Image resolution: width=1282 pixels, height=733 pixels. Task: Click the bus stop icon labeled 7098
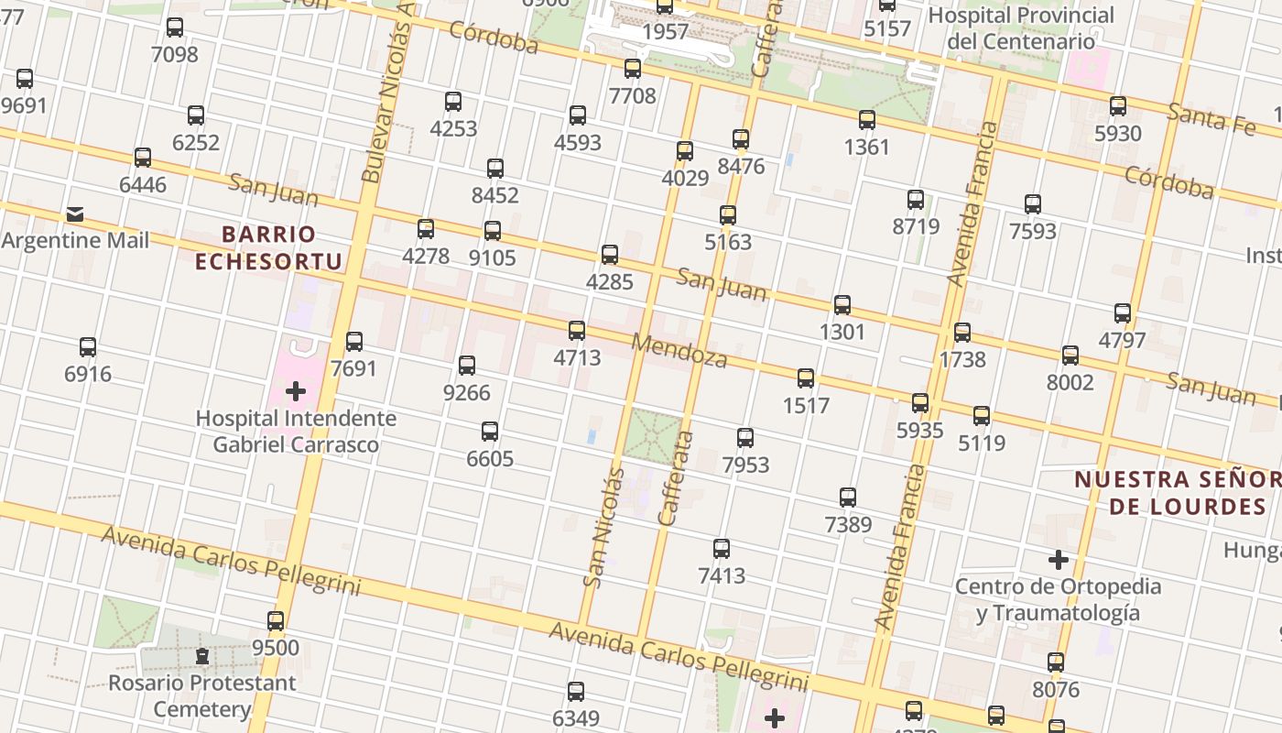174,27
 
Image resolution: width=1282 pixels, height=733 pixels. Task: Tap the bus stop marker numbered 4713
577,331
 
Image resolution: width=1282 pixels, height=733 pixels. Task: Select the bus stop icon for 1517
806,377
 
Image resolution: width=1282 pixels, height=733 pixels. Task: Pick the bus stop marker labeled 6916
88,347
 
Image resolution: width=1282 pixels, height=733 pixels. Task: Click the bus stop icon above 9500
276,620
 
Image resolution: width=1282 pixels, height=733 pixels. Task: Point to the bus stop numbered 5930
1118,106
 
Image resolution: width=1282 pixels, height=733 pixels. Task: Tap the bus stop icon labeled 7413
722,549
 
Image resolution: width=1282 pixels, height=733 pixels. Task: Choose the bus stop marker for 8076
1056,662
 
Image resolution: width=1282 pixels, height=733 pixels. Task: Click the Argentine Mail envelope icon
75,214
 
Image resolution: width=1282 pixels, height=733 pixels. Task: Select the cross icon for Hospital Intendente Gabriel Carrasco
296,392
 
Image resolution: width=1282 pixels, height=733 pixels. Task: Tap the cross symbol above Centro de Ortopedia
1059,559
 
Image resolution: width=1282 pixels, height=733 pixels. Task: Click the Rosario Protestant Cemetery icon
202,656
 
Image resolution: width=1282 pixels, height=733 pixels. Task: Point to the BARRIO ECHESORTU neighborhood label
268,248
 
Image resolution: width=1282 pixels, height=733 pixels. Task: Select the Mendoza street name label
679,349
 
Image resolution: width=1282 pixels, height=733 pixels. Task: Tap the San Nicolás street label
603,527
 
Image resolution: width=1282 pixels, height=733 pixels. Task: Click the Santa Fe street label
1211,118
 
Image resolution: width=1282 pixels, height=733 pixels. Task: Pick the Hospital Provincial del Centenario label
1021,28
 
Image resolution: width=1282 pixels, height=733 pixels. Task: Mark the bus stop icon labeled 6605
490,432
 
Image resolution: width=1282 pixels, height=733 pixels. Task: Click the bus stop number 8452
495,195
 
